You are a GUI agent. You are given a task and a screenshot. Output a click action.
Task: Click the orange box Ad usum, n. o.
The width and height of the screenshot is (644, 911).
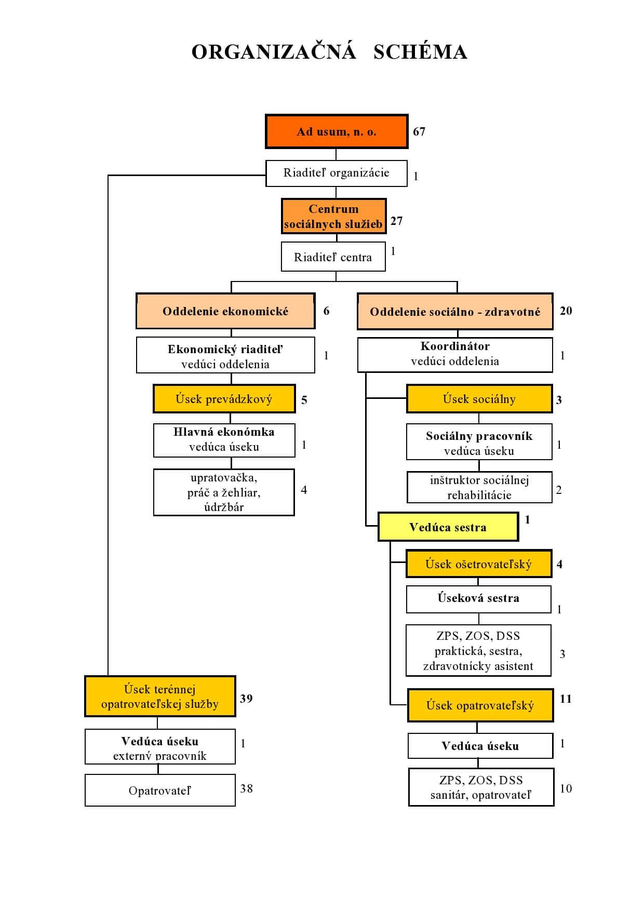coord(337,131)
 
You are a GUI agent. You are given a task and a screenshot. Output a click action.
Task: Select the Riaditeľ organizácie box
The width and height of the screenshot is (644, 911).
coord(337,173)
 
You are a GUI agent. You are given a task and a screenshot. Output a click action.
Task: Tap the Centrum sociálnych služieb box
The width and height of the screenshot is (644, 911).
coord(334,216)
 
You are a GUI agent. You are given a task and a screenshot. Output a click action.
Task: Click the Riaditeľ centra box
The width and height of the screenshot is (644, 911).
coord(333,257)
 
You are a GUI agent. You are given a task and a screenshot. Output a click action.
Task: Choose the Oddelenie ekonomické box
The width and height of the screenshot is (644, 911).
coord(225,311)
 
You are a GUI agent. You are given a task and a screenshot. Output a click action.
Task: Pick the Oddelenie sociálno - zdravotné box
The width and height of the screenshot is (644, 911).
coord(455,312)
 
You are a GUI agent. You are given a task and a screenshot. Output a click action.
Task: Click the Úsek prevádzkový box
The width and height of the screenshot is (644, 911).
coord(224,399)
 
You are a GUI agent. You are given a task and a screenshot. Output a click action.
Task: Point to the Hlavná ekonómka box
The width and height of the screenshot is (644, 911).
coord(224,440)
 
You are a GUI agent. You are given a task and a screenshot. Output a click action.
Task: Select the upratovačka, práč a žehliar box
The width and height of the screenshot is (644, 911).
coord(224,492)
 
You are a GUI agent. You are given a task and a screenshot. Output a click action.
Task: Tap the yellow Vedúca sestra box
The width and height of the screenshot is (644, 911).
coord(448,527)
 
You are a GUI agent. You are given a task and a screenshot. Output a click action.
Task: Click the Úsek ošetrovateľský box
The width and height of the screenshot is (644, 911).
coord(479,564)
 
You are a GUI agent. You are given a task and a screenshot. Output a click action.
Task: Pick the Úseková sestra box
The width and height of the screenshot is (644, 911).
coord(478,599)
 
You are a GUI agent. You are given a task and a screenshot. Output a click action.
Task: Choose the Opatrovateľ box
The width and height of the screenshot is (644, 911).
coord(160,790)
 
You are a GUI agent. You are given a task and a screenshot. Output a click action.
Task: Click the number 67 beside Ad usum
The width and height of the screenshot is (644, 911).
coord(419,131)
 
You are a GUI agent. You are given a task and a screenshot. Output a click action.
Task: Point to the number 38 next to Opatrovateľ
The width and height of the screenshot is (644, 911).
coord(247,788)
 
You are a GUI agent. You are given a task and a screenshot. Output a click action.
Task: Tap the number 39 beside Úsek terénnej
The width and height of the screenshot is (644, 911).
coord(246,699)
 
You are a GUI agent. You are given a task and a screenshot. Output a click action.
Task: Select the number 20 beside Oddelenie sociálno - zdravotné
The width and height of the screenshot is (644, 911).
coord(566,311)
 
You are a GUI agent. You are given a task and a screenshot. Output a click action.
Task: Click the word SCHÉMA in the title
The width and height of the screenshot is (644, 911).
coord(420,52)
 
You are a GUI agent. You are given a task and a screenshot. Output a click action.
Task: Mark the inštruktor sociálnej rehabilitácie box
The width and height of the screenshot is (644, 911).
coord(479,487)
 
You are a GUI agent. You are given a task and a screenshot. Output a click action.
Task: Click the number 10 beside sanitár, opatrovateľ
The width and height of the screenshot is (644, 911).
coord(566,788)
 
